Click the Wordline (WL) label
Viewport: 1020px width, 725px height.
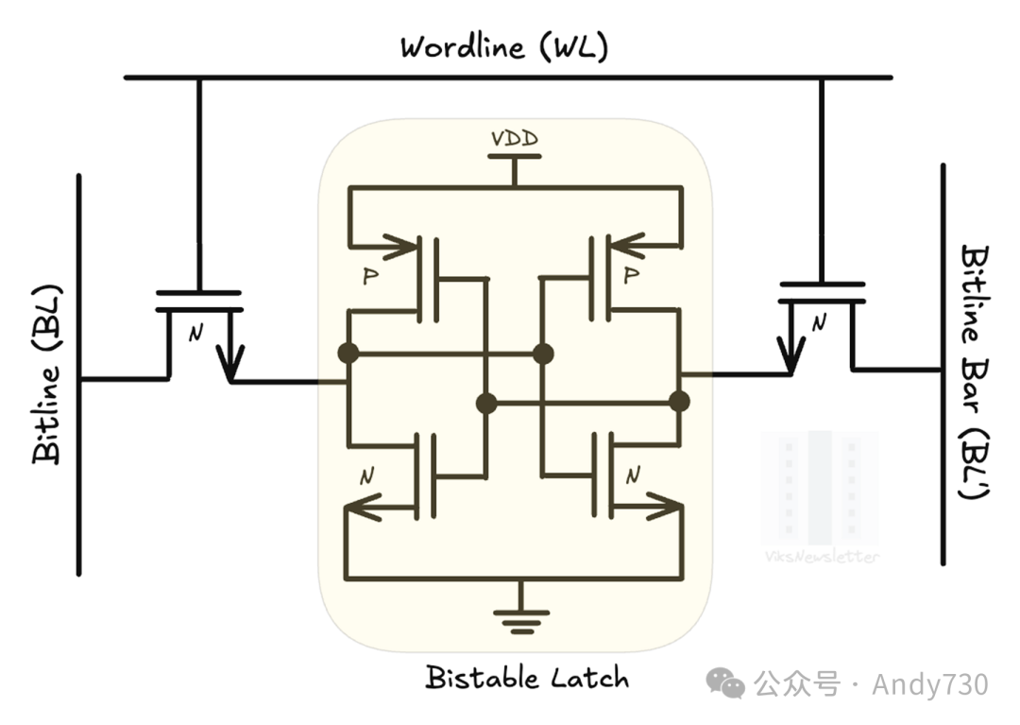pyautogui.click(x=504, y=46)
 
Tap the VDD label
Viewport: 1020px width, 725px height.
pyautogui.click(x=515, y=139)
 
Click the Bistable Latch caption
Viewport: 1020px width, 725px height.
pyautogui.click(x=526, y=678)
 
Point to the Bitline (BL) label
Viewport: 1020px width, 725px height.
pyautogui.click(x=47, y=372)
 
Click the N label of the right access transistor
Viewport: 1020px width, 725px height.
pyautogui.click(x=819, y=324)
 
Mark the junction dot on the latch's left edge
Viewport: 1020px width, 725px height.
pyautogui.click(x=348, y=354)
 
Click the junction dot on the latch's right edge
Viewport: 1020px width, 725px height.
pyautogui.click(x=679, y=402)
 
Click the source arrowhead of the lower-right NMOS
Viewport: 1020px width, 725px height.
pyautogui.click(x=667, y=510)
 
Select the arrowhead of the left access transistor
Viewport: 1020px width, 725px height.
pyautogui.click(x=229, y=363)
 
